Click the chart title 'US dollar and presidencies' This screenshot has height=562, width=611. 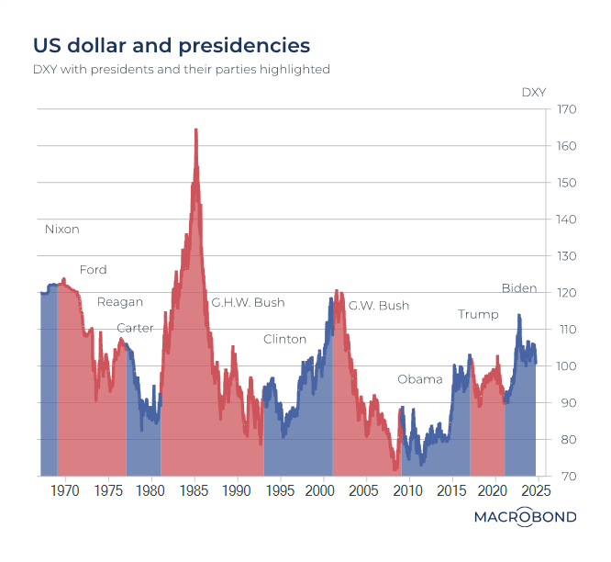(172, 45)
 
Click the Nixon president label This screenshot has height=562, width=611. (62, 230)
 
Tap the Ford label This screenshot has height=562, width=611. (93, 270)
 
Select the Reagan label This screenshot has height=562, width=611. (120, 302)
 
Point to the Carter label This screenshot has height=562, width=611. (135, 329)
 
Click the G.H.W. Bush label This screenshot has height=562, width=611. (248, 302)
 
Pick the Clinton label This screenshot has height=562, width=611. (284, 339)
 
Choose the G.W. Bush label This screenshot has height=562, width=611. (379, 306)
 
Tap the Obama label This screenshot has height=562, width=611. (420, 379)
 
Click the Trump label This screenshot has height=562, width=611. (478, 315)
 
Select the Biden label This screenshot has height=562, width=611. (519, 288)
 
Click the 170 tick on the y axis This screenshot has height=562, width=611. (567, 110)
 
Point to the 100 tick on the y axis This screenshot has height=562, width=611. (567, 366)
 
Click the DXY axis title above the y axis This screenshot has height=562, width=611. (534, 92)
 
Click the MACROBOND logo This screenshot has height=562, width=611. (525, 517)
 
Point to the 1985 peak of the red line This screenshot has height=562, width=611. (195, 130)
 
